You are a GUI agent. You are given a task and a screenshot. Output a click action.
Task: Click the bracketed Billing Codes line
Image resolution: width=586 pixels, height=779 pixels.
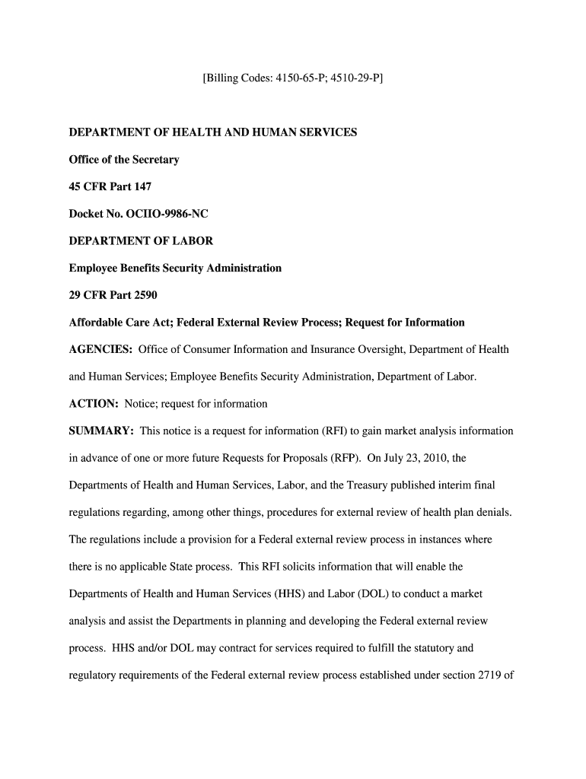pyautogui.click(x=292, y=78)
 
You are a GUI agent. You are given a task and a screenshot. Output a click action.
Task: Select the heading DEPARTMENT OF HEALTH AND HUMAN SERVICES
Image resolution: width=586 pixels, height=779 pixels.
pyautogui.click(x=212, y=132)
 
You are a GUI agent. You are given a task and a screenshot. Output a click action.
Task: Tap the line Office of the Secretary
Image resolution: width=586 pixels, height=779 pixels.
pyautogui.click(x=124, y=160)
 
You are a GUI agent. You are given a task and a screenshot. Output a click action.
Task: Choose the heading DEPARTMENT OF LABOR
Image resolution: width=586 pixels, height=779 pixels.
pyautogui.click(x=141, y=241)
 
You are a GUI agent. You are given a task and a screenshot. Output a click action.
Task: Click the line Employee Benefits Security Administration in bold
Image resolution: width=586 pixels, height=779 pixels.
pyautogui.click(x=175, y=268)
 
